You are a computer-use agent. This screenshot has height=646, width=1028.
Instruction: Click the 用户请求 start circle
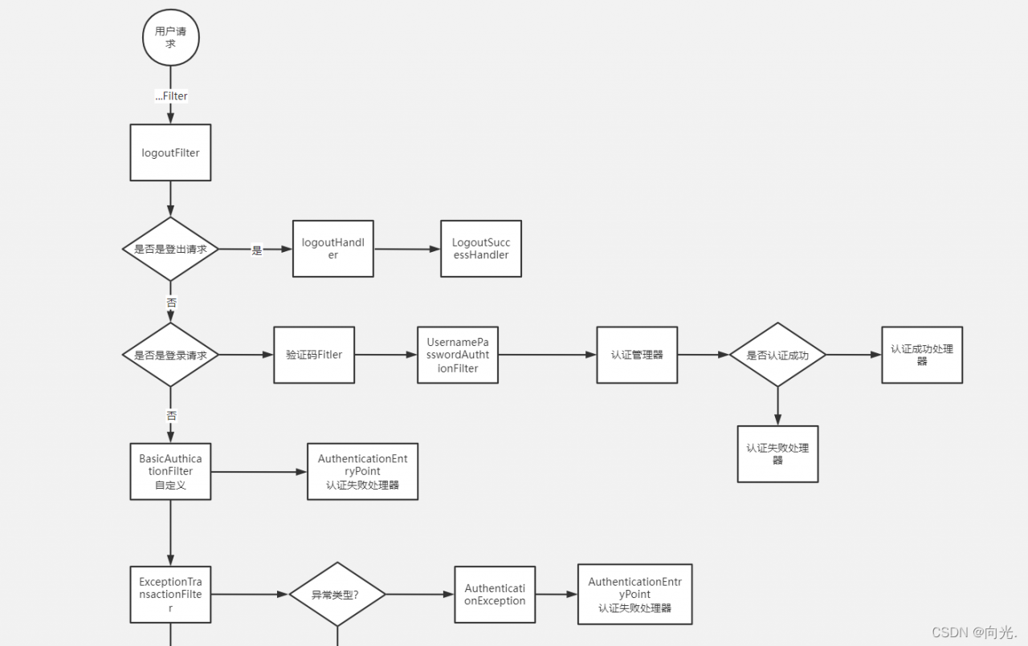171,38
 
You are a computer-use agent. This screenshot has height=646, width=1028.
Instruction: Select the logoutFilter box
171,152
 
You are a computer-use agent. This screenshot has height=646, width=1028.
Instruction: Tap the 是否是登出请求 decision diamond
171,249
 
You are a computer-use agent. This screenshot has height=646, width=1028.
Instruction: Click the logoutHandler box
333,249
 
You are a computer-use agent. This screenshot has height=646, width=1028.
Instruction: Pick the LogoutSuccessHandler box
481,249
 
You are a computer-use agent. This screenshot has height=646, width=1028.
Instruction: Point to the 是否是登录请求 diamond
171,355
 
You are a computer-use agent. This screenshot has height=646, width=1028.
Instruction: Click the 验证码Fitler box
314,355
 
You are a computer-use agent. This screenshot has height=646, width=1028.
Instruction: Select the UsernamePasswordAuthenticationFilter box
458,355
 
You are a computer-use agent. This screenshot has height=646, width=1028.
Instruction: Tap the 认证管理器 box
637,355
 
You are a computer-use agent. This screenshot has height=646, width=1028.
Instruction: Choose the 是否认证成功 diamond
778,355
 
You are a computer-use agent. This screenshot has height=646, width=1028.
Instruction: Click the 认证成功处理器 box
922,355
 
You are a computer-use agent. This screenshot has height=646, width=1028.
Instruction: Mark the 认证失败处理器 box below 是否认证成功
778,454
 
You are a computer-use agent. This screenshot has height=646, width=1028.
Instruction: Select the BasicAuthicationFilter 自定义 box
171,471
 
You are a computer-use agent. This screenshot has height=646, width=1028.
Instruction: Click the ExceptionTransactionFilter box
171,595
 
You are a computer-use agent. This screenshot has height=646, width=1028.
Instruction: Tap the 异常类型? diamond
337,594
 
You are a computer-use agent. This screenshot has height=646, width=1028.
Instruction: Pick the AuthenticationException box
495,595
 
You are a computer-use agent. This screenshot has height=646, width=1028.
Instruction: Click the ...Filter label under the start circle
171,95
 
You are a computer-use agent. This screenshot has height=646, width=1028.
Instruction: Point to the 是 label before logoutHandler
257,250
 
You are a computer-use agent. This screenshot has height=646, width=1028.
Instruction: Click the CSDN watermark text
974,632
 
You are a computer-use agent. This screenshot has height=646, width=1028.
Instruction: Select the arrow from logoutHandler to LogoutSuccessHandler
407,249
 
